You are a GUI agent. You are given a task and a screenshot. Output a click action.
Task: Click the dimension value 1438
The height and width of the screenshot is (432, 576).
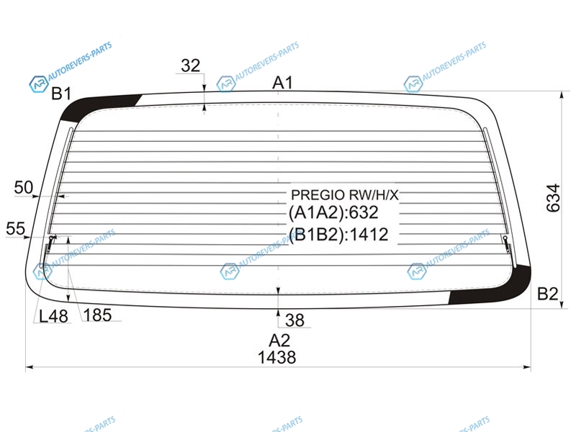(276, 357)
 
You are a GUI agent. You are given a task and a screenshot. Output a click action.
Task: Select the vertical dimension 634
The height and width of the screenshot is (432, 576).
(553, 198)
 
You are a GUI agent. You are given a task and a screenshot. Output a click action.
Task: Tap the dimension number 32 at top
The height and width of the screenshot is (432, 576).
(191, 66)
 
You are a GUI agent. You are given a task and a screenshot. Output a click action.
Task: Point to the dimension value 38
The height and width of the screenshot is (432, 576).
(294, 320)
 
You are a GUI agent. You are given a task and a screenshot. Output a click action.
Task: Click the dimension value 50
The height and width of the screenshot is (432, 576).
(24, 188)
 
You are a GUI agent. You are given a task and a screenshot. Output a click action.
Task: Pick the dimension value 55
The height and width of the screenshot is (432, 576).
(15, 228)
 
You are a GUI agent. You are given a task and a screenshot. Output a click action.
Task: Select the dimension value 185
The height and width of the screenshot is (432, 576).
(97, 315)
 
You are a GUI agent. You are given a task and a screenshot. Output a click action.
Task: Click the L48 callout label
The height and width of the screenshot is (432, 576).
(53, 316)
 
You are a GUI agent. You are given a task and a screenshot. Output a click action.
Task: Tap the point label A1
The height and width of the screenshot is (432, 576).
(282, 83)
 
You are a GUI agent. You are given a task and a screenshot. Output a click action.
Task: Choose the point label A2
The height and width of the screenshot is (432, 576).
(279, 341)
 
